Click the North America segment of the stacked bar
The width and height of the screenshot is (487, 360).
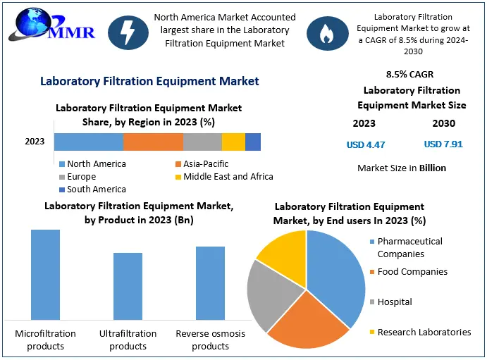(89, 142)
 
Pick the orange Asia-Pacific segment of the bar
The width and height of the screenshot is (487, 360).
(153, 142)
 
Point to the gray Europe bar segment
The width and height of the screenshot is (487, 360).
(202, 142)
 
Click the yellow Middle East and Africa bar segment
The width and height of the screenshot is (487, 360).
(233, 142)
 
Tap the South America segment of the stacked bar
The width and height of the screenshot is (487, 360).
(253, 142)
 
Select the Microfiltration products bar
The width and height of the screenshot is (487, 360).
(45, 275)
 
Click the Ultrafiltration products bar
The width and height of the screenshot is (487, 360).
(128, 286)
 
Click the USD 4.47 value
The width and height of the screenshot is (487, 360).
(366, 144)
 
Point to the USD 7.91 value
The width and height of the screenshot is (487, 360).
(443, 144)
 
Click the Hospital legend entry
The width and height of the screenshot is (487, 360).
(394, 302)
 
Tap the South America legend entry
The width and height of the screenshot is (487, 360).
(96, 189)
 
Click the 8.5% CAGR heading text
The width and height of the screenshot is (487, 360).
(409, 74)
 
